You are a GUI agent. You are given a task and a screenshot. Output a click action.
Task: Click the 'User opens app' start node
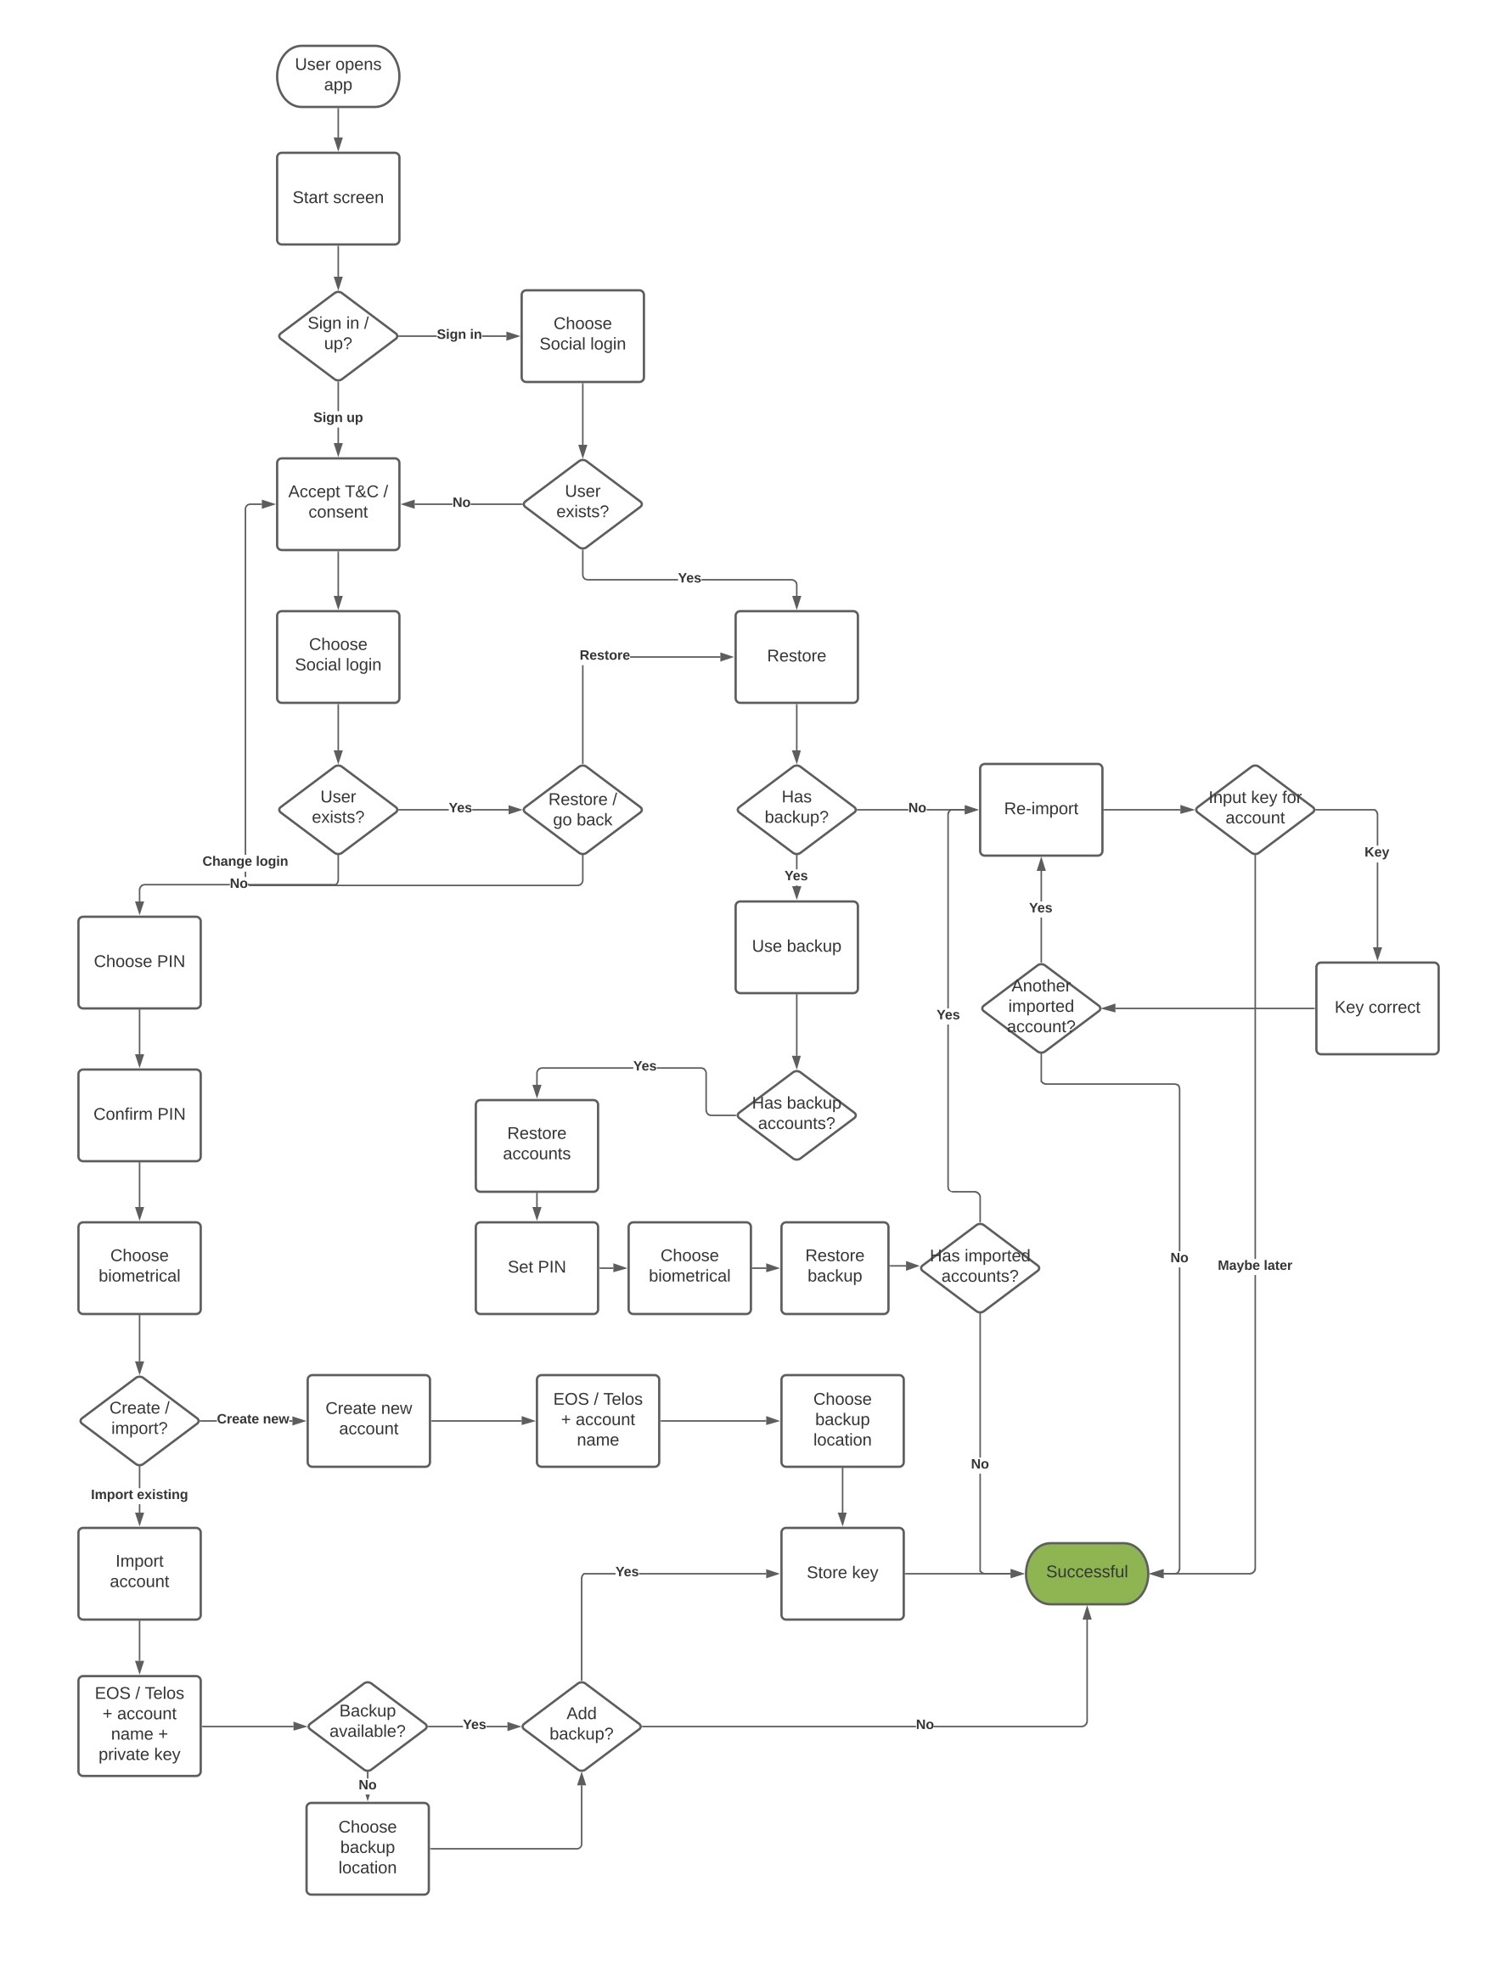(338, 76)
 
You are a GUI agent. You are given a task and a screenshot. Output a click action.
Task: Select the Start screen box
(338, 198)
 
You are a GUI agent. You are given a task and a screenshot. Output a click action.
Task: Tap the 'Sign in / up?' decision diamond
(338, 335)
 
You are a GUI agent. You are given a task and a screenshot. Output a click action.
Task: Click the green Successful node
(1086, 1572)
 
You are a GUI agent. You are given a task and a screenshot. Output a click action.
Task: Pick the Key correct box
(1377, 1008)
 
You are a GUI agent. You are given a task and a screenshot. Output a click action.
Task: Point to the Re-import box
(1041, 809)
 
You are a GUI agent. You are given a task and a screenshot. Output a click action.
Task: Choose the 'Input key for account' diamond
(1254, 809)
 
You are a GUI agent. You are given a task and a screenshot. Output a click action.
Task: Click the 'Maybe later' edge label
(1254, 1265)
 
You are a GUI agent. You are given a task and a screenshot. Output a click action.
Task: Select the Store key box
(842, 1572)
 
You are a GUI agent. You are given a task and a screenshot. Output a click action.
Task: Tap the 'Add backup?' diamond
(581, 1725)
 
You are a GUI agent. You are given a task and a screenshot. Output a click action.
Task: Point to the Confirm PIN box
(139, 1115)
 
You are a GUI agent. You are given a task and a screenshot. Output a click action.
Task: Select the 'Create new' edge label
(253, 1418)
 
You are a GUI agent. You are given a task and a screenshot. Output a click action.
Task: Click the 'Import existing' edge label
(139, 1495)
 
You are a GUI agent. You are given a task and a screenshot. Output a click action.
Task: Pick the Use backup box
(796, 946)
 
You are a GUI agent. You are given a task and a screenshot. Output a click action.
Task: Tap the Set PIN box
(537, 1266)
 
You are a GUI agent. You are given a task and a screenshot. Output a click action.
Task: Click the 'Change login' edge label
(245, 861)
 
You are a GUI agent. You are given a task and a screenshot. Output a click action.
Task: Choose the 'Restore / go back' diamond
(582, 809)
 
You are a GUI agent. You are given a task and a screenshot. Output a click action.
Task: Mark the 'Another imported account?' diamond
(1041, 1008)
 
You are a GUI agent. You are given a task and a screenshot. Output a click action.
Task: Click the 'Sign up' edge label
(338, 418)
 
